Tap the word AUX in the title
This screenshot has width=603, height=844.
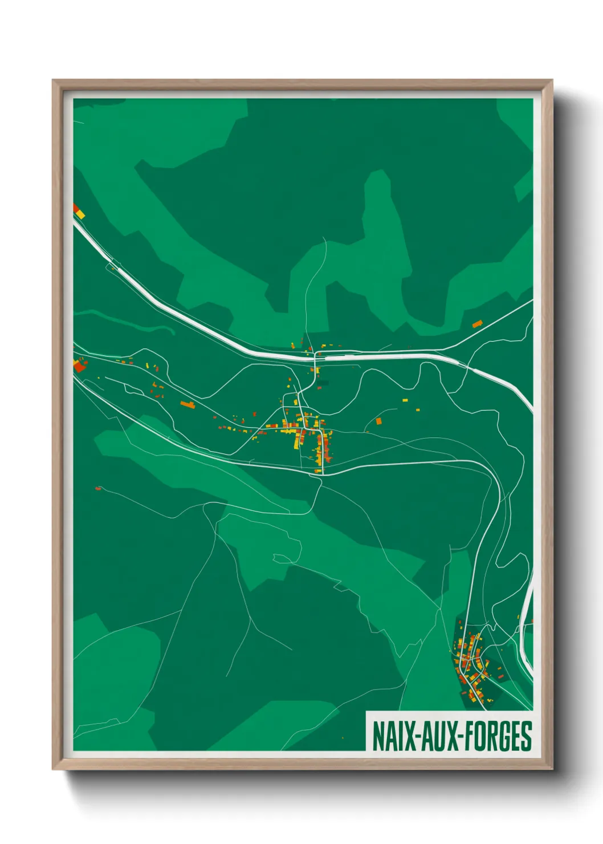click(x=436, y=736)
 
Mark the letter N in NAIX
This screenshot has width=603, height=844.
click(x=378, y=736)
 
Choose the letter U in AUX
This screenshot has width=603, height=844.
click(x=436, y=736)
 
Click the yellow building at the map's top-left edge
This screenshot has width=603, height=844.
click(x=80, y=214)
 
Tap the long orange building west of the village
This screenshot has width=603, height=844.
click(x=188, y=404)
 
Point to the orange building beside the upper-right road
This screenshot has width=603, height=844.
click(x=477, y=324)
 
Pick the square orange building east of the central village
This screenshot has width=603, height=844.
click(x=378, y=421)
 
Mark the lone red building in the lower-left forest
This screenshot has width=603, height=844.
click(x=98, y=488)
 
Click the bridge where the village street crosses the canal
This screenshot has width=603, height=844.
click(x=315, y=356)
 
